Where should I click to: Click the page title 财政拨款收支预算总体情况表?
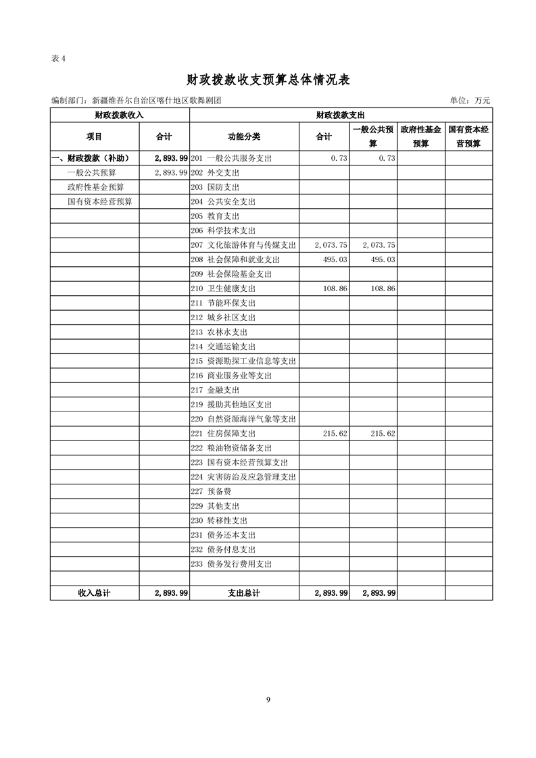point(268,80)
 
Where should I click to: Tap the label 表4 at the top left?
point(58,58)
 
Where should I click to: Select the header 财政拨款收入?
point(119,116)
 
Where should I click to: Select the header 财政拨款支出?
point(340,116)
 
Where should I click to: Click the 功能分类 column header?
point(244,136)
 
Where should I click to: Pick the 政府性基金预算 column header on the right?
point(420,136)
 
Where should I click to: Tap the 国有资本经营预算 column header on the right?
point(468,136)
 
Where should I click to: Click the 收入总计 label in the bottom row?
point(94,593)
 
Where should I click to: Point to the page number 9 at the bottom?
point(268,699)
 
